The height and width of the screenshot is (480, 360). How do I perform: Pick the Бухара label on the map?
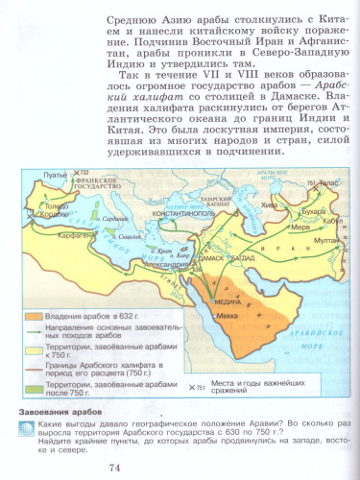click(x=310, y=205)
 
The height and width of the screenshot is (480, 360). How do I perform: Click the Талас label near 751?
click(x=329, y=182)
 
